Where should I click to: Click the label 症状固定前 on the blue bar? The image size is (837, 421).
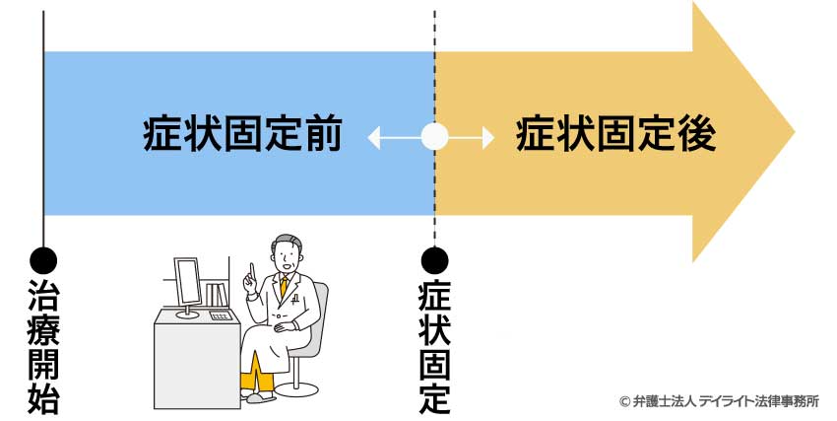pyautogui.click(x=242, y=136)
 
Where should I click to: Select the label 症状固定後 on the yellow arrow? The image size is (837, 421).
pyautogui.click(x=615, y=136)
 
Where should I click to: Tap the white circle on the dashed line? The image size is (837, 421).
pyautogui.click(x=434, y=136)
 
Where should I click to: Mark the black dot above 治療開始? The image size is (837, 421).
pyautogui.click(x=43, y=260)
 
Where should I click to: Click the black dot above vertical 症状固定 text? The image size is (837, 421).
pyautogui.click(x=434, y=260)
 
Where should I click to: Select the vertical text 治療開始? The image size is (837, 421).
pyautogui.click(x=43, y=345)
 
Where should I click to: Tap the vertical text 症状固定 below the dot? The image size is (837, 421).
pyautogui.click(x=434, y=345)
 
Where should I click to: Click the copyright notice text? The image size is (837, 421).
pyautogui.click(x=718, y=401)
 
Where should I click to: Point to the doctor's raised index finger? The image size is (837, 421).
pyautogui.click(x=252, y=266)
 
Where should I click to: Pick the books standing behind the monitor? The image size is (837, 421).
pyautogui.click(x=216, y=294)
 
